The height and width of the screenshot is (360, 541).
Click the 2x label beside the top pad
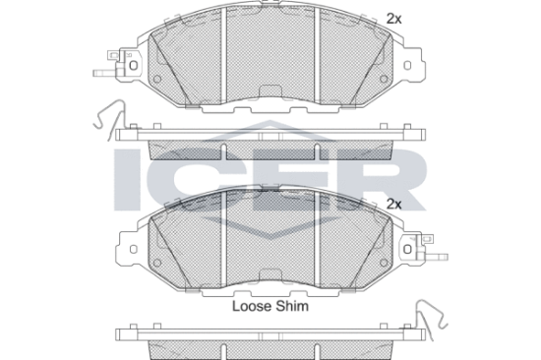(x=393, y=19)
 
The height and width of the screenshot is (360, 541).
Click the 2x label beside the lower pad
(x=393, y=204)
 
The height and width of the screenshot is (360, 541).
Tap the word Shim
(x=291, y=306)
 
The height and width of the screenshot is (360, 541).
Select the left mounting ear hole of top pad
(x=133, y=65)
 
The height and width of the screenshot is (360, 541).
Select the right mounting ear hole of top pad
(x=407, y=65)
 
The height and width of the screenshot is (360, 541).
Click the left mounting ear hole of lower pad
(x=133, y=249)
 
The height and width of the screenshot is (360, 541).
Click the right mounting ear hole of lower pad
(x=407, y=249)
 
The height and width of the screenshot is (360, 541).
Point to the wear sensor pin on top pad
(x=104, y=73)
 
